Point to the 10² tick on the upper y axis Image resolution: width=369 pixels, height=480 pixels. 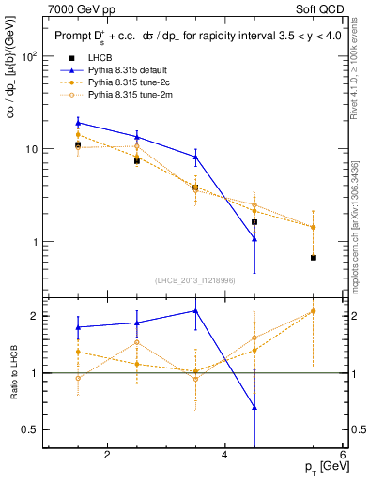click(x=28, y=56)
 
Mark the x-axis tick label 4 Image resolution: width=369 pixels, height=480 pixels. click(x=225, y=455)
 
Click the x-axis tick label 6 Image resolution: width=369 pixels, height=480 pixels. click(x=343, y=455)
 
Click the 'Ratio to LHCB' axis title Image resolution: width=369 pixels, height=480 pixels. click(x=11, y=373)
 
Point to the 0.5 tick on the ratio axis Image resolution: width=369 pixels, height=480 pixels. click(x=28, y=429)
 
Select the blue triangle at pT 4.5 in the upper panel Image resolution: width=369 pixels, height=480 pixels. click(x=254, y=239)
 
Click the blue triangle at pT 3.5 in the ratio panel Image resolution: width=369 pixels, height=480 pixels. click(x=195, y=311)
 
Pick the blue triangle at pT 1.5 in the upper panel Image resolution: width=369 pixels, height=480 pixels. click(x=78, y=123)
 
